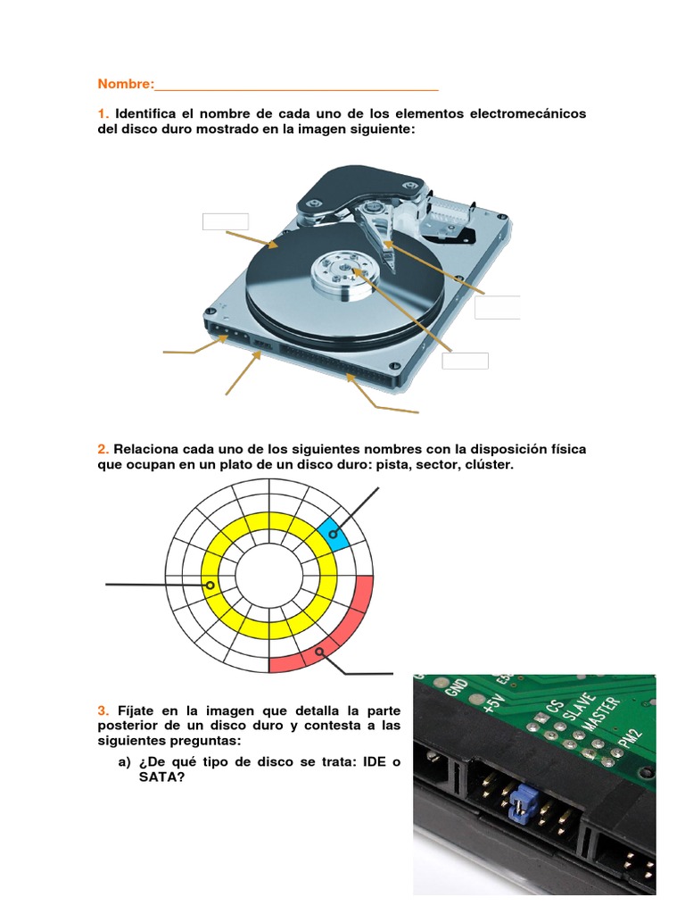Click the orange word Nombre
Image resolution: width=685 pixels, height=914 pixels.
(124, 84)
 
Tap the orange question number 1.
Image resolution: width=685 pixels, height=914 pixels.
(103, 114)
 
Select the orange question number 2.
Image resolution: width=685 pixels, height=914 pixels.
(103, 449)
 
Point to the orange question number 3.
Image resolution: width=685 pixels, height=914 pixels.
(103, 710)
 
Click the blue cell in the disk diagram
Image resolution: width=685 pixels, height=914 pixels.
(334, 534)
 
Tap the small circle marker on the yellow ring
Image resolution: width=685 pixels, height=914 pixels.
(210, 586)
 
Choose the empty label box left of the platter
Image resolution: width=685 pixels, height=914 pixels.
(225, 221)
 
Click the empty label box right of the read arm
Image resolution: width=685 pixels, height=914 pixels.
(497, 307)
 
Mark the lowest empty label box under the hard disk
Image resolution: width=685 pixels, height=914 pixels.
(465, 360)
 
